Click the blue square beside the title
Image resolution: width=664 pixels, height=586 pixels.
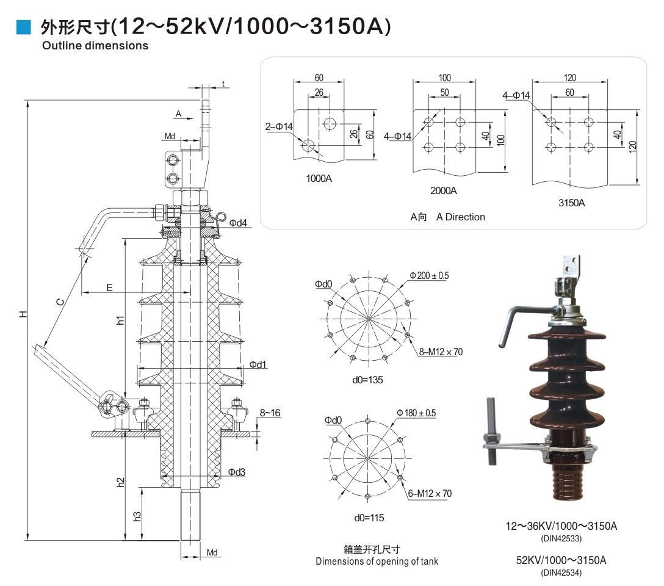(x=23, y=27)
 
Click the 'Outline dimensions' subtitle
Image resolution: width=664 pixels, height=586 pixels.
(x=95, y=46)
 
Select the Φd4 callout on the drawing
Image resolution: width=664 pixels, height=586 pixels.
(x=238, y=223)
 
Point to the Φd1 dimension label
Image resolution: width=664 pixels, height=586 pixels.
(x=258, y=365)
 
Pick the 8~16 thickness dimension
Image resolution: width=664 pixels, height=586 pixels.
(x=269, y=413)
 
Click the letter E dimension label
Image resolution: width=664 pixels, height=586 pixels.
(x=109, y=286)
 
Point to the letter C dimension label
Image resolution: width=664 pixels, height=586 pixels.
(x=59, y=300)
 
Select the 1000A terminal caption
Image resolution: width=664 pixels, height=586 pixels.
(x=319, y=179)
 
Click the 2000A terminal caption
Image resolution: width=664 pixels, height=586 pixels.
(x=444, y=190)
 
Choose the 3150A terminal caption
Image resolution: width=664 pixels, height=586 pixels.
(x=571, y=203)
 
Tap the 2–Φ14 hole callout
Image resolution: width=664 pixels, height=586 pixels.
(x=280, y=126)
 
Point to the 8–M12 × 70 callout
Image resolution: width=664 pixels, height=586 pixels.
(x=441, y=352)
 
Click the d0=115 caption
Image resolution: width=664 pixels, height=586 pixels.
(x=369, y=518)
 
